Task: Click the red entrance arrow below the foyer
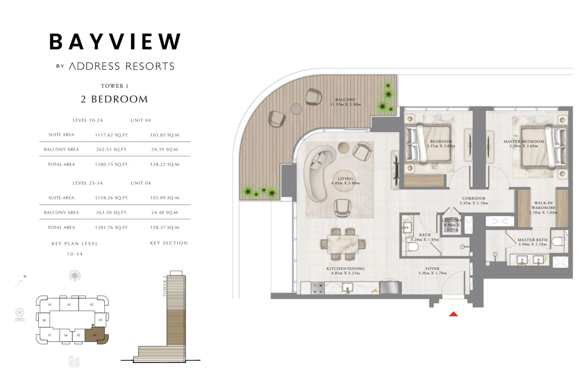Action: point(454,314)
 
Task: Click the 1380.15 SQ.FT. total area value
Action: point(112,165)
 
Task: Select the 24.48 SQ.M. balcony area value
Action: point(165,212)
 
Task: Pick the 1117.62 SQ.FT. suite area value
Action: point(112,135)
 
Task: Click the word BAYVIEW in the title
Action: point(115,42)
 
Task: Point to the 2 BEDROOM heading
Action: point(114,99)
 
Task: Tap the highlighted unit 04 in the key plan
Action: point(95,336)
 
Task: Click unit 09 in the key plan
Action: point(50,305)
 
